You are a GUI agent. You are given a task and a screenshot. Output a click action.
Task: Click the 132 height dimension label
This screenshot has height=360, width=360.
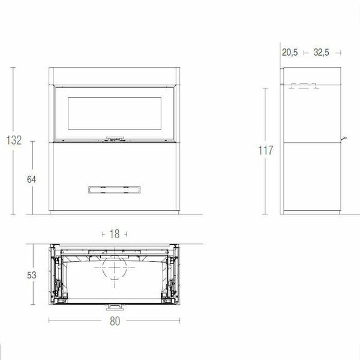[x=13, y=140]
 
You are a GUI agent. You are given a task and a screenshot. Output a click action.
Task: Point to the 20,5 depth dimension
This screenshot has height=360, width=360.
[x=290, y=53]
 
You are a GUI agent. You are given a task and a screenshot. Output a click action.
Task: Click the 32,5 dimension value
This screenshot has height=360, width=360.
[x=320, y=53]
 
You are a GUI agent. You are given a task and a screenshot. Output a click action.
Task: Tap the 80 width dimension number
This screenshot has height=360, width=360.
[x=115, y=322]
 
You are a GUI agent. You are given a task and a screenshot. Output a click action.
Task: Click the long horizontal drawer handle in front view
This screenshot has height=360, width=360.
[x=115, y=190]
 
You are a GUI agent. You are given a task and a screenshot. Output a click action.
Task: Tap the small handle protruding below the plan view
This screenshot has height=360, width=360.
[x=114, y=307]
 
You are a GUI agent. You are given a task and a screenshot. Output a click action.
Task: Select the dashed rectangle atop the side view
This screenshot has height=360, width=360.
[x=303, y=86]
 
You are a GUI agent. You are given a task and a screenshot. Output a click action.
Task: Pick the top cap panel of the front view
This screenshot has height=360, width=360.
[x=115, y=77]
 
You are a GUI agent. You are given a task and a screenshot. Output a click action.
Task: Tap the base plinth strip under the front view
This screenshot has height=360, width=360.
[x=115, y=212]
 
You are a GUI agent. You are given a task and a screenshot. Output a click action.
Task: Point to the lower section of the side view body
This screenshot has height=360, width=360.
[x=312, y=177]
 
